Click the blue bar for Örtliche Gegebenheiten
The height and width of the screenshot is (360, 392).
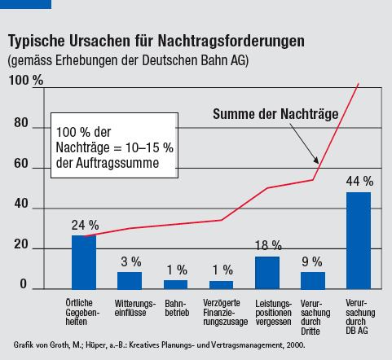point(84,262)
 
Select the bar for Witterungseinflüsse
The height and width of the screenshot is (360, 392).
point(130,281)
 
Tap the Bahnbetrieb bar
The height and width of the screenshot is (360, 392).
point(175,285)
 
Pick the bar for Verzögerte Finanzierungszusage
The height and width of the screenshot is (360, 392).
point(221,285)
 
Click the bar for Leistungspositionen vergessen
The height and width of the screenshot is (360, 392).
point(267,273)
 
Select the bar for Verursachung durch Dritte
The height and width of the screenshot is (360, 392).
point(313,281)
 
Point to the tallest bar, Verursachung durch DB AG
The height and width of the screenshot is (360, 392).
point(359,240)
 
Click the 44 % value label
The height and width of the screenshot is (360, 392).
point(359,182)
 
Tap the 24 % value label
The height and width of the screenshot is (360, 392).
point(85,225)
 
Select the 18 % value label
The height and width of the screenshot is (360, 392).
point(268,245)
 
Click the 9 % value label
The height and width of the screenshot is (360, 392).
point(312,261)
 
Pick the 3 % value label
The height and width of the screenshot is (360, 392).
point(131,261)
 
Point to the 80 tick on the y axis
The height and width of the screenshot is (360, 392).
point(21,123)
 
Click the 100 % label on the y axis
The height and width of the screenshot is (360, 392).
point(26,80)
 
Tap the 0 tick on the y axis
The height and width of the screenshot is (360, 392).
point(24,284)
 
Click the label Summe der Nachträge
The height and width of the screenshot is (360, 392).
point(275,114)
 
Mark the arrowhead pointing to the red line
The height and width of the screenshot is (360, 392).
point(316,160)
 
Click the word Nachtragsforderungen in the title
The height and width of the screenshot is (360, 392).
point(231,42)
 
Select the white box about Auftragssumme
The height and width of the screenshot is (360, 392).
point(114,145)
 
